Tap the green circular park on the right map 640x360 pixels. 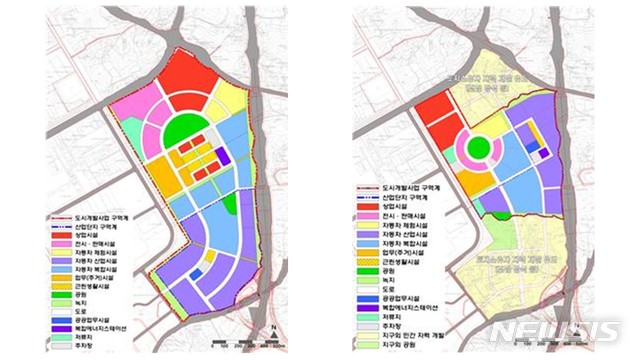point(479,150)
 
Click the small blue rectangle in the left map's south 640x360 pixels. point(196,273)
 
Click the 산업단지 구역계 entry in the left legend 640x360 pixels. point(92,226)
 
